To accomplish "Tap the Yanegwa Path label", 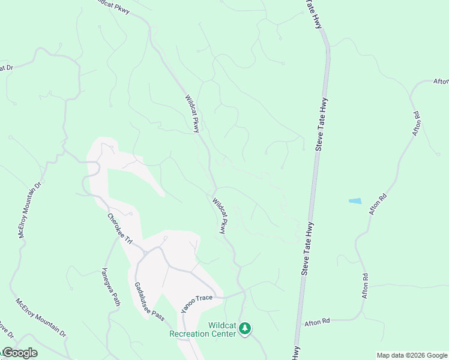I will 111,286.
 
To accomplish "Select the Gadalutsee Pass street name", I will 149,301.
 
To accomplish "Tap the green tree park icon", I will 244,328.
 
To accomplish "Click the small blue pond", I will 355,201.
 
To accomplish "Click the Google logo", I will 19,353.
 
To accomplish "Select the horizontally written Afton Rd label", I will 317,322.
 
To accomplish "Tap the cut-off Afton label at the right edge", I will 441,82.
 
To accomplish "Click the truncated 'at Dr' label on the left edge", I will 6,68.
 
